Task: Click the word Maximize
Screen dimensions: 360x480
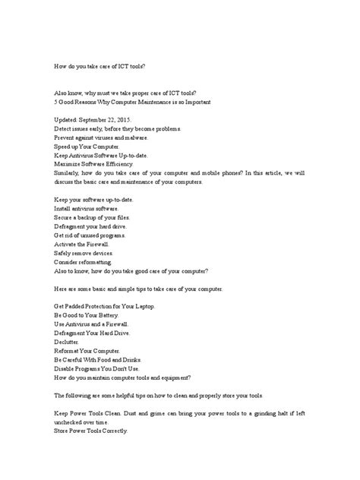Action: click(69, 163)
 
